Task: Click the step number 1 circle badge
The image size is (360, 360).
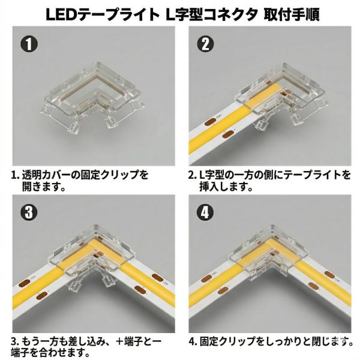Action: click(x=29, y=44)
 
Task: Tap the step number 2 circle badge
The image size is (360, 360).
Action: click(x=205, y=44)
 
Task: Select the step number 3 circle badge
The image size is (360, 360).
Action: click(x=29, y=212)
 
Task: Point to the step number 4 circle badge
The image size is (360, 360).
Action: click(x=205, y=212)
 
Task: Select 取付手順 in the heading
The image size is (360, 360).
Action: click(x=292, y=14)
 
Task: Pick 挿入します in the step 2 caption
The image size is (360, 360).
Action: click(x=222, y=187)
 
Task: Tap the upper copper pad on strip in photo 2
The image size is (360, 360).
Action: click(x=209, y=122)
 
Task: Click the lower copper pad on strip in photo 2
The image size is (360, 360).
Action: click(x=228, y=134)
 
